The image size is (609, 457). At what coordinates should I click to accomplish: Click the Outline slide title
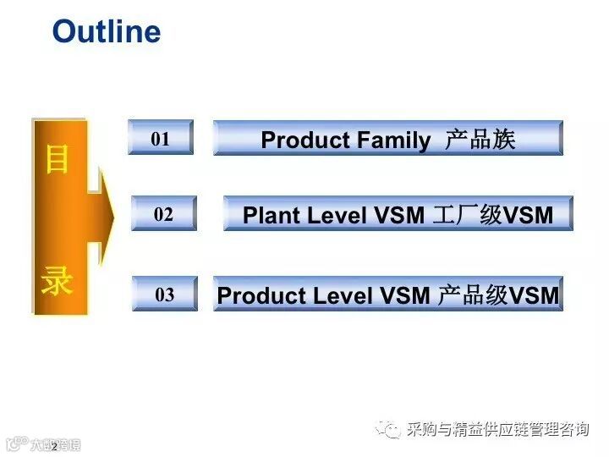tap(107, 32)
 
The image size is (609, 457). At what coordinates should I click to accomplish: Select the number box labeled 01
tap(161, 138)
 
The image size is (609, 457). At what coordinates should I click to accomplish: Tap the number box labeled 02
tap(163, 214)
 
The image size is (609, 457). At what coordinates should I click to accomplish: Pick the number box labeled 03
tap(164, 295)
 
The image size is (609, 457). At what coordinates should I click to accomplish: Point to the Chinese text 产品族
tap(480, 140)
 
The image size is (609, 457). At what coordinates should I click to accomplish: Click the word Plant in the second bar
tap(272, 216)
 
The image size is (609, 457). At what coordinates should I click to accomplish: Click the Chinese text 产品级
tap(473, 295)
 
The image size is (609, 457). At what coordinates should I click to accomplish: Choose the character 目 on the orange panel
tap(57, 159)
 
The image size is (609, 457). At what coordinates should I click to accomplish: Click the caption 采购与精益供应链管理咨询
tap(497, 430)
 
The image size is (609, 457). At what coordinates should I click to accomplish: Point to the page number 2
tap(54, 446)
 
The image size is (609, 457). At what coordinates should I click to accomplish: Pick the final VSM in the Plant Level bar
tap(529, 216)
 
